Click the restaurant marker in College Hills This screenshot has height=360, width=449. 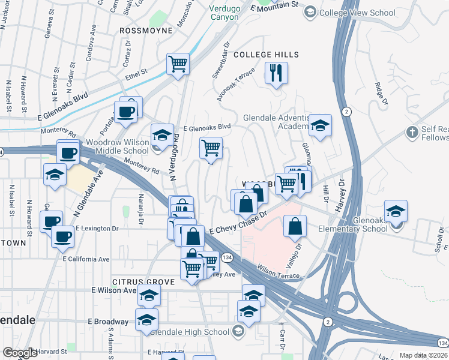276,74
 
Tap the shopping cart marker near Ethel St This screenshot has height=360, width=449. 178,63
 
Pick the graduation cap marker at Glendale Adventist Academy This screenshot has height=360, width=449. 320,126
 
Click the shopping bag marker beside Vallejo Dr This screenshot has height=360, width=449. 295,227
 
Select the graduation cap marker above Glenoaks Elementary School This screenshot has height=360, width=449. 396,212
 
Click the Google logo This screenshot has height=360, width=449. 20,353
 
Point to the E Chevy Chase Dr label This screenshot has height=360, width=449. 237,226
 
